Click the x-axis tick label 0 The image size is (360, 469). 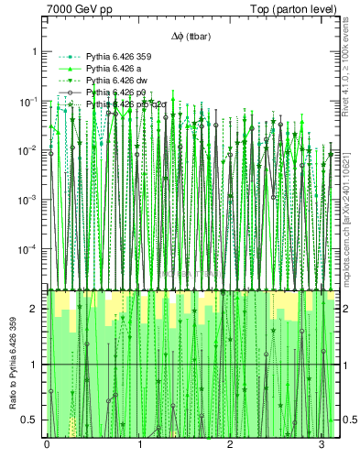[47, 446]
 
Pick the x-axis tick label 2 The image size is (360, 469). [231, 446]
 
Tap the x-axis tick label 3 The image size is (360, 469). [322, 446]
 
